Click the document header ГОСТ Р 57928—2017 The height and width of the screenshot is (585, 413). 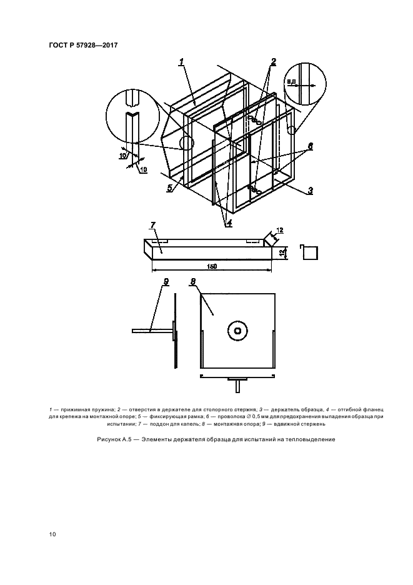point(83,45)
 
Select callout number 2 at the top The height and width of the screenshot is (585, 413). point(274,61)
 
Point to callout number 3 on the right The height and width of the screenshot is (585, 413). point(310,191)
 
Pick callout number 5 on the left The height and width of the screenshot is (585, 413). point(170,188)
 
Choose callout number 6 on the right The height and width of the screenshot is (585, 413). point(310,146)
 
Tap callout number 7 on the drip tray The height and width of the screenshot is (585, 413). point(153,225)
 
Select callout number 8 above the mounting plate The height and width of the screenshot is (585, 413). point(193,282)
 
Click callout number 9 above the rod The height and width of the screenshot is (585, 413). point(166,282)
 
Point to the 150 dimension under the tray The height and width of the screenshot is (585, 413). point(212,266)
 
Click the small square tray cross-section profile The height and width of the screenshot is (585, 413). point(309,252)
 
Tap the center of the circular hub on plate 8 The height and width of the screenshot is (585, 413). point(237,330)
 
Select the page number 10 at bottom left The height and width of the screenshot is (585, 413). point(52,534)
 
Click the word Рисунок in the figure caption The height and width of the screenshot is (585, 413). point(108,439)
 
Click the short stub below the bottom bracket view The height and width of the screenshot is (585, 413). point(237,384)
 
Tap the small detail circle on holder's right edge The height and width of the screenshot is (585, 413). point(292,130)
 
